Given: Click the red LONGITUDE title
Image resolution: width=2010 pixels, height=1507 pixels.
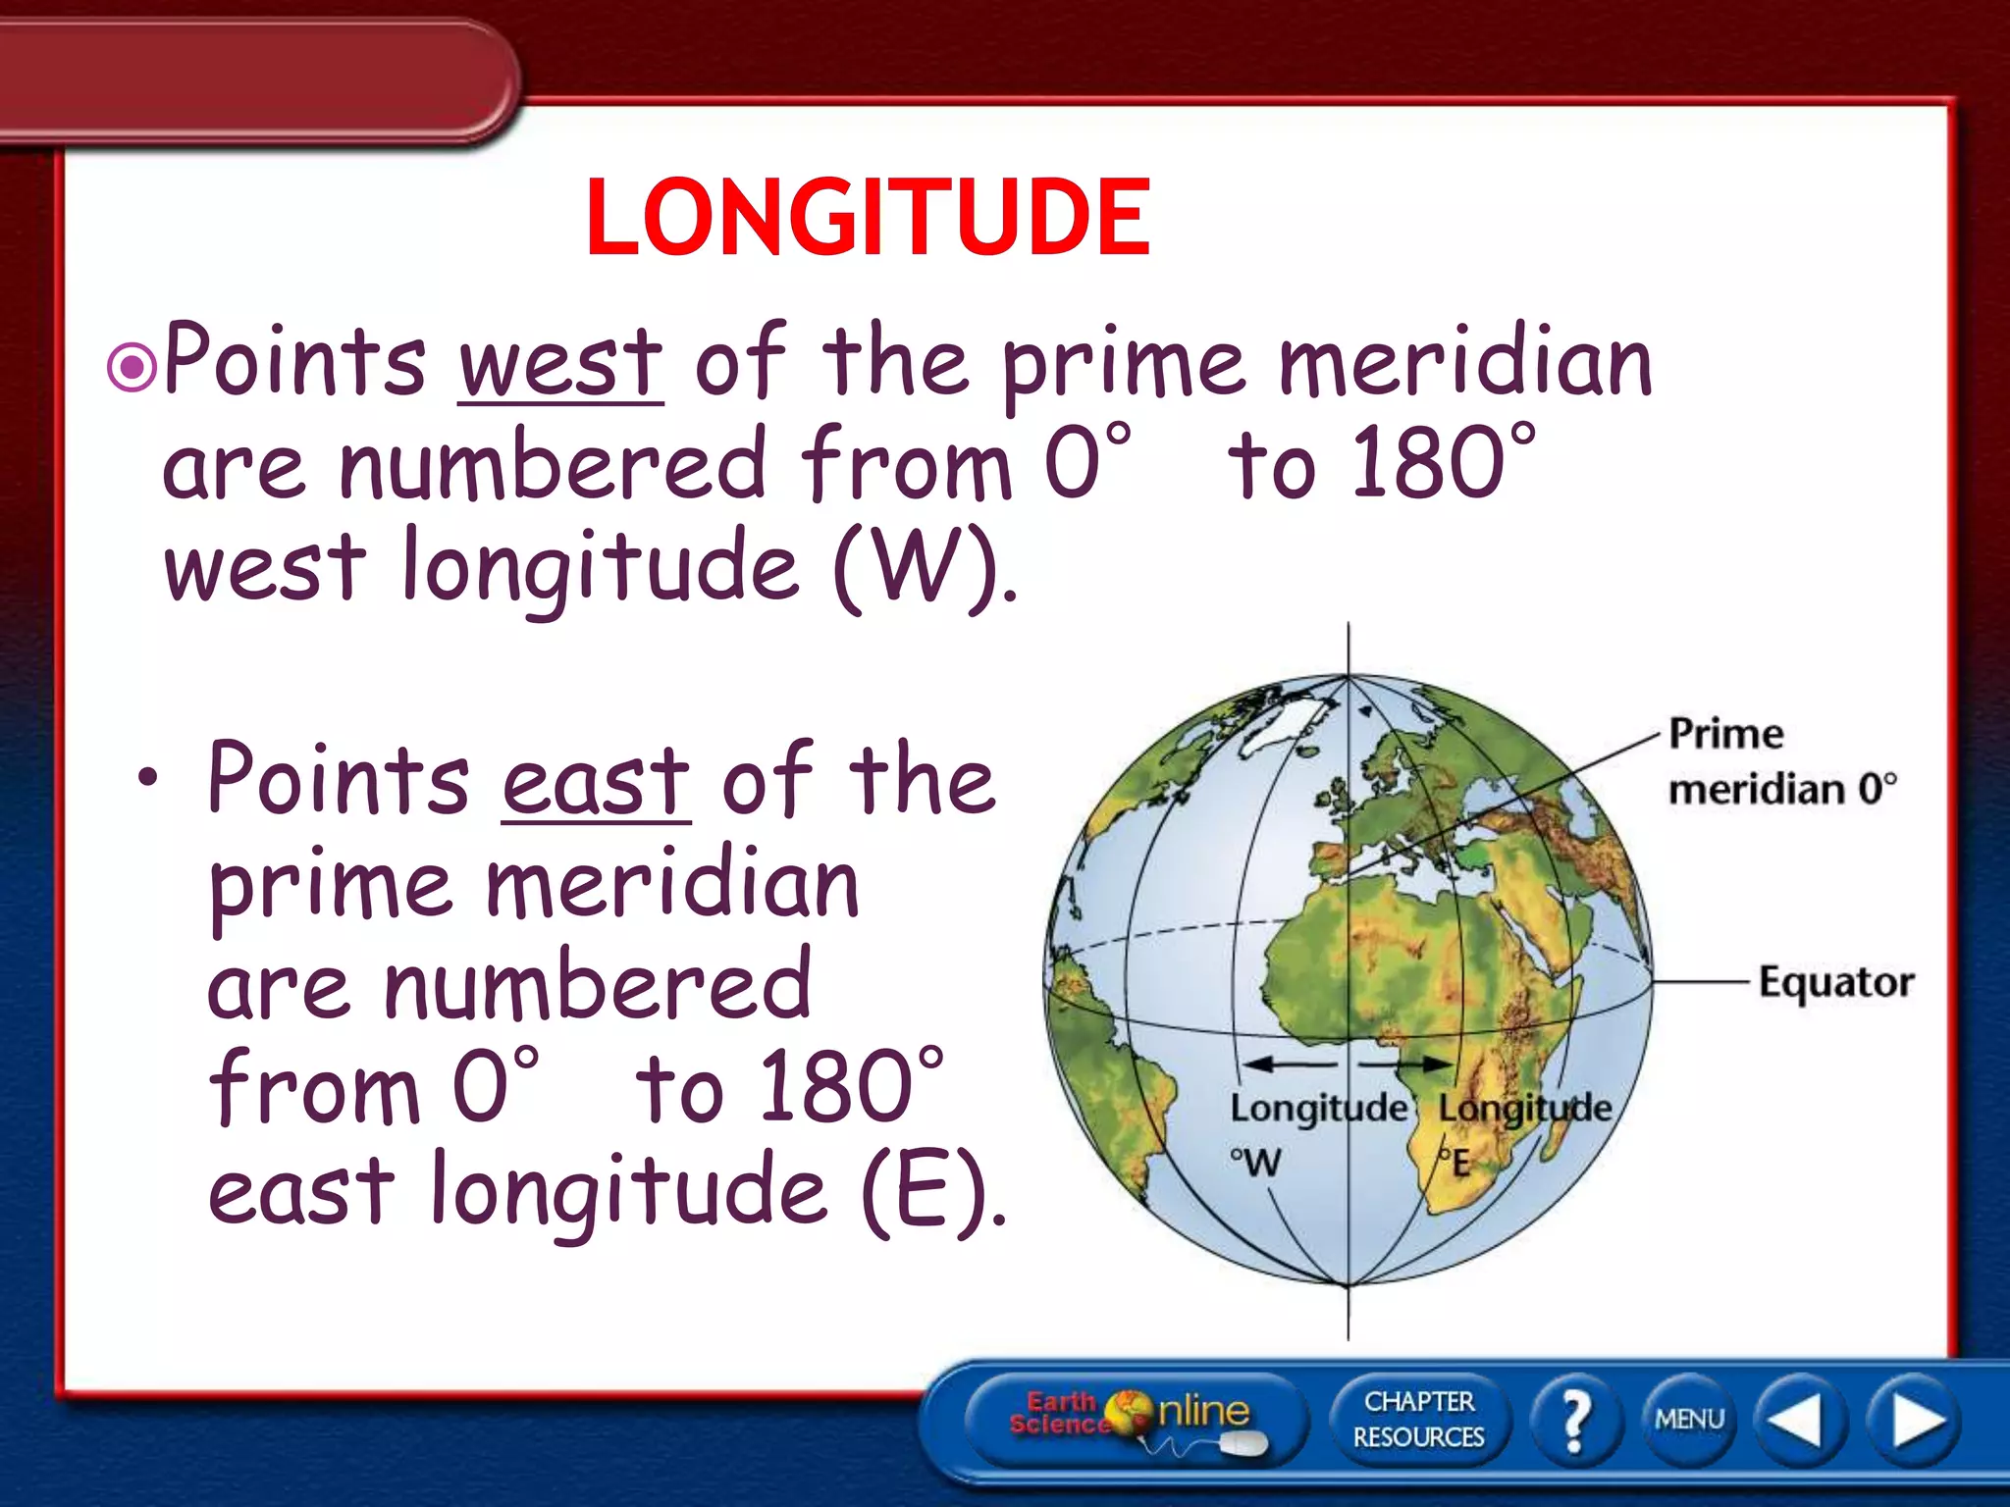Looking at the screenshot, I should click(868, 218).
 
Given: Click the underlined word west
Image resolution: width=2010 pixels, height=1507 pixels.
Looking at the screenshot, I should click(560, 364).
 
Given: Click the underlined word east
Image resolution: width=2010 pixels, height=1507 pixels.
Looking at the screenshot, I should click(596, 782).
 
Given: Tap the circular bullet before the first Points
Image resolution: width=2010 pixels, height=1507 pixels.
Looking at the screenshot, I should click(132, 368).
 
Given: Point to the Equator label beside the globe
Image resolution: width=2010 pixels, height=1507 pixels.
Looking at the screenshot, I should click(1835, 982).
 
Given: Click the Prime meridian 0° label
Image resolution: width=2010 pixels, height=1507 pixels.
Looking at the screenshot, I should click(1781, 761).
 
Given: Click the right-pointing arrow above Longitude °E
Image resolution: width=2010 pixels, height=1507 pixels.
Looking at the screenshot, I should click(1405, 1065).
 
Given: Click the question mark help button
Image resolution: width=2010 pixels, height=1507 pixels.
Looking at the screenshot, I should click(1575, 1420).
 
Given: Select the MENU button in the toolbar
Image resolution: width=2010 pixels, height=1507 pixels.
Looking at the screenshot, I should click(1688, 1420).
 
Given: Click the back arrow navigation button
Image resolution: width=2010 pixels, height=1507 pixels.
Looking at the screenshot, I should click(1798, 1420).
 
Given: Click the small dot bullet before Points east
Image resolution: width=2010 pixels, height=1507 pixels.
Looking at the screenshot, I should click(147, 780).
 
